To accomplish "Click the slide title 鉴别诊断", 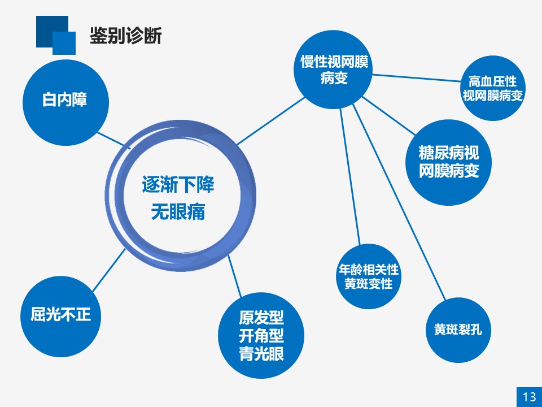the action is (126, 36).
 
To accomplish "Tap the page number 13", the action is (529, 397).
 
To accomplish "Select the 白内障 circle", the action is (65, 102).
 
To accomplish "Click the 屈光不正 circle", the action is (61, 317).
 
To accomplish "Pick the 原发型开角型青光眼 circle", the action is (261, 335).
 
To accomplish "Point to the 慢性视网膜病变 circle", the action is (333, 70).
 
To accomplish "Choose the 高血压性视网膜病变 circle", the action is (493, 88).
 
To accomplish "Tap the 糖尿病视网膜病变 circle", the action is (449, 162).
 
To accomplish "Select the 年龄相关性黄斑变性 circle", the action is (369, 276).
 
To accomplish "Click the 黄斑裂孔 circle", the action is (458, 330).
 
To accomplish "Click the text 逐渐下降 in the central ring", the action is (178, 184).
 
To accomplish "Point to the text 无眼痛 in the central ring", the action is (178, 212).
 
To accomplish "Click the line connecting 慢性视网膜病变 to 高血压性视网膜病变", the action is (417, 78).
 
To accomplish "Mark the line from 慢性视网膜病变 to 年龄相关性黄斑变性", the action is (350, 177).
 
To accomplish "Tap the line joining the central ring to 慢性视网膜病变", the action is (270, 121).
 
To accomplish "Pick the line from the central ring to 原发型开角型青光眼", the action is (234, 276).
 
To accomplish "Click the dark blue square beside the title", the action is (52, 31).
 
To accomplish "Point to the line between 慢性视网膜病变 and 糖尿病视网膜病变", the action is (389, 116).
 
